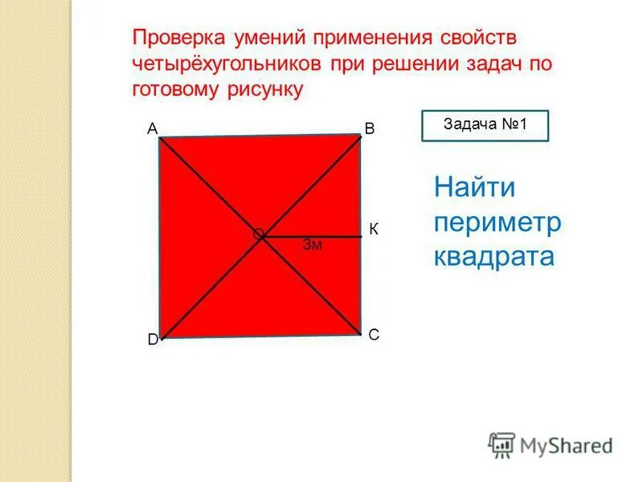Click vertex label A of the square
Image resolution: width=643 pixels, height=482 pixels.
pyautogui.click(x=151, y=128)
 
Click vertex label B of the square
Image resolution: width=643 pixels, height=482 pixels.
pyautogui.click(x=369, y=129)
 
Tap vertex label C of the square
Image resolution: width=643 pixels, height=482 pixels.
pyautogui.click(x=374, y=335)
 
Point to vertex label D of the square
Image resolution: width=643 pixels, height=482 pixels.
pyautogui.click(x=152, y=340)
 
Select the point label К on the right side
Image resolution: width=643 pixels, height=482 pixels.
pyautogui.click(x=374, y=230)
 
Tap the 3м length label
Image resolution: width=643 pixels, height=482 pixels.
pyautogui.click(x=313, y=245)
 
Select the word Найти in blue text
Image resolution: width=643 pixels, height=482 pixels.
pyautogui.click(x=474, y=188)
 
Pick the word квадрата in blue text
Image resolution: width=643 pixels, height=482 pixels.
pyautogui.click(x=494, y=256)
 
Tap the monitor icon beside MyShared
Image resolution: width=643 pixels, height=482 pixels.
pyautogui.click(x=502, y=444)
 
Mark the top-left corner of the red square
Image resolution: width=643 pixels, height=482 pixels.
pyautogui.click(x=160, y=138)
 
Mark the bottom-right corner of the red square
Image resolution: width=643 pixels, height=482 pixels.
pyautogui.click(x=360, y=334)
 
